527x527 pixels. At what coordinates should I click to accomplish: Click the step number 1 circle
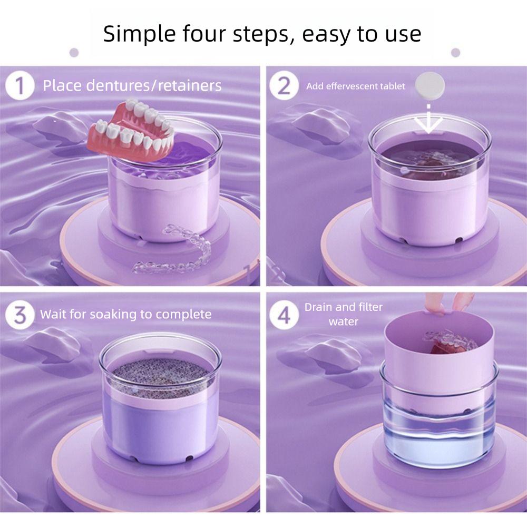(20, 86)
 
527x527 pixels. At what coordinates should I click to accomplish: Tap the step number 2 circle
(284, 86)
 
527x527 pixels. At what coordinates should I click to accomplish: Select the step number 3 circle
(20, 315)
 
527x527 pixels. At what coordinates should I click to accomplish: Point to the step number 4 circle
(284, 315)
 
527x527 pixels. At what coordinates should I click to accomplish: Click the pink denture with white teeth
(131, 131)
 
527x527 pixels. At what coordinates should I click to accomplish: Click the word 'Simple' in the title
(139, 34)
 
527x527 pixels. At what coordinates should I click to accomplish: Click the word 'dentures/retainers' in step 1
(153, 86)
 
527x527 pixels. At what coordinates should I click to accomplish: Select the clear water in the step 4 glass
(438, 437)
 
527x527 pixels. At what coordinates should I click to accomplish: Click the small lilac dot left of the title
(74, 53)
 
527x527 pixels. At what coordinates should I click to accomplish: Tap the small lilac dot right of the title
(455, 52)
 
